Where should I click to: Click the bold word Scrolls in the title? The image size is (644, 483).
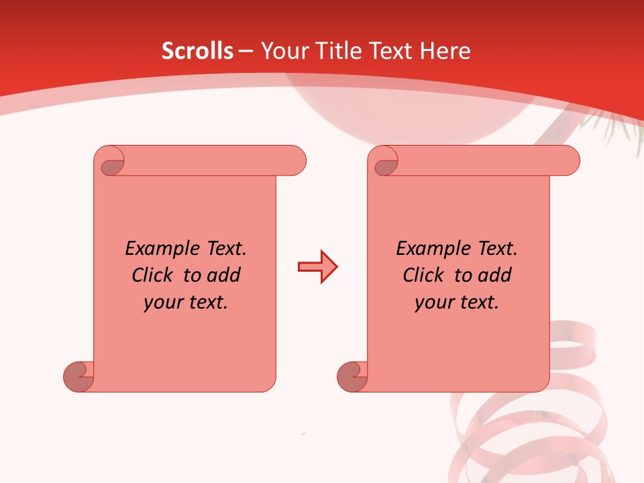pos(197,51)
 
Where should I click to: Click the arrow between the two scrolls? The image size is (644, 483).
pos(317,267)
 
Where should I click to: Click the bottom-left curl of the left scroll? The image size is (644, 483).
pos(77,376)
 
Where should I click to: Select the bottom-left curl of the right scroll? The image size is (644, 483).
pos(351,376)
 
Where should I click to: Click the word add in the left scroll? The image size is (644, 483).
pos(223,275)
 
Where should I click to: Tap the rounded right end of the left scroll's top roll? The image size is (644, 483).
pos(295,160)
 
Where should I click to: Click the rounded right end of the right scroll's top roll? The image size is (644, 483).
pos(569,160)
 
